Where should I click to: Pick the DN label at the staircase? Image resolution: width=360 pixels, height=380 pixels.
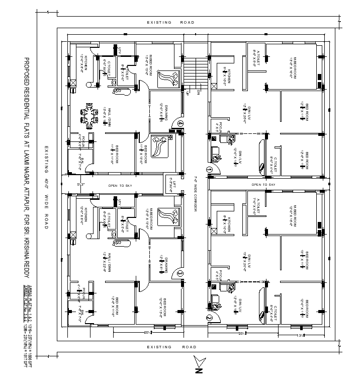(199, 92)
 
